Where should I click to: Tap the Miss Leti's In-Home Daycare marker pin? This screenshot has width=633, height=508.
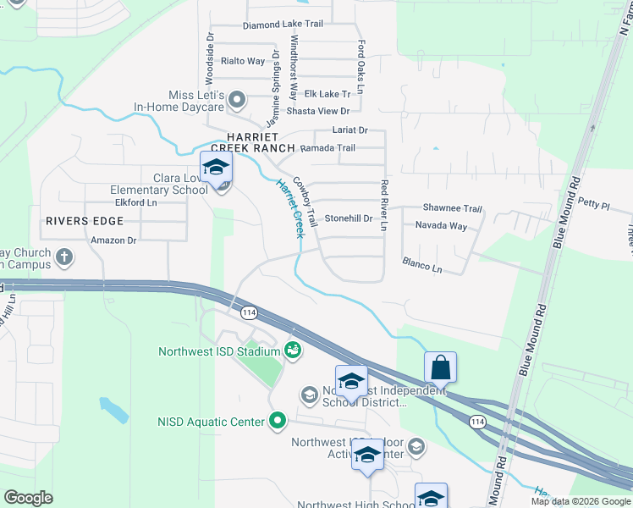238,101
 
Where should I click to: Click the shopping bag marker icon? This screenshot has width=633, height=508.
441,368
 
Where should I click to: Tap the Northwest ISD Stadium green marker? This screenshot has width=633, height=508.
293,349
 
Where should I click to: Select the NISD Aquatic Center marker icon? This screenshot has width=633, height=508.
278,421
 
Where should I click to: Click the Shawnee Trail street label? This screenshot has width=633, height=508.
452,209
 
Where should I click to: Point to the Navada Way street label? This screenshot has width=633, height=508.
441,226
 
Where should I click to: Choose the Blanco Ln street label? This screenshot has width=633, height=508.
422,265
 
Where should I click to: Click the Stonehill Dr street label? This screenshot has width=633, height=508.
349,218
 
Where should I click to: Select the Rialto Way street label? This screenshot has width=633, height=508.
243,61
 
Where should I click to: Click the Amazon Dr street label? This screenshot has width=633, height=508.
113,240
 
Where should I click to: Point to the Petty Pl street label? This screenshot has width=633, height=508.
594,203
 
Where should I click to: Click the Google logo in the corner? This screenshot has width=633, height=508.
29,498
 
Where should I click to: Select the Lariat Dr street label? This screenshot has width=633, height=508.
350,130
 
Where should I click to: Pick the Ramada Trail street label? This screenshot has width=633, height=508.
328,148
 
